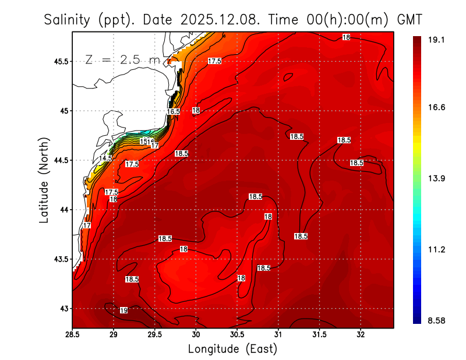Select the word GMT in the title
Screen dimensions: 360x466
pyautogui.click(x=409, y=20)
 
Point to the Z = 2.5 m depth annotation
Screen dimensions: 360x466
pyautogui.click(x=123, y=59)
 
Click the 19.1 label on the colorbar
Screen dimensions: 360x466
pyautogui.click(x=437, y=40)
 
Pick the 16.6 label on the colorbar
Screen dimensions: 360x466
pyautogui.click(x=437, y=108)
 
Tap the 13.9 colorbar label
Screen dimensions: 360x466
pyautogui.click(x=437, y=178)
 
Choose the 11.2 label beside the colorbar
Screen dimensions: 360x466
pyautogui.click(x=437, y=249)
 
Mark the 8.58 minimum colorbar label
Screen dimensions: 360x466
pyautogui.click(x=437, y=320)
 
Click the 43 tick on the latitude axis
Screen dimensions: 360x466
pyautogui.click(x=63, y=308)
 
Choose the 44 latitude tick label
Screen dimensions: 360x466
pyautogui.click(x=63, y=210)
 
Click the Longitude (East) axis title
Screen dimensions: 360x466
pyautogui.click(x=232, y=349)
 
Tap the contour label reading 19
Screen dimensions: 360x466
pyautogui.click(x=123, y=310)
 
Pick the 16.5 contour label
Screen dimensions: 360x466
pyautogui.click(x=173, y=111)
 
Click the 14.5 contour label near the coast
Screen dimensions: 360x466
pyautogui.click(x=105, y=158)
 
